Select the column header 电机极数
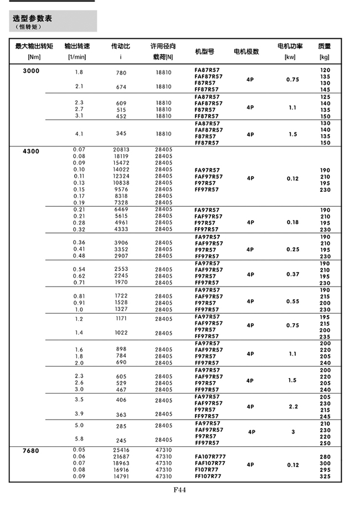[246, 52]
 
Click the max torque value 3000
[31, 70]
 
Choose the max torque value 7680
[31, 451]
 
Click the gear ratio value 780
[121, 73]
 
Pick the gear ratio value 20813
[121, 150]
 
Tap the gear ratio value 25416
[121, 450]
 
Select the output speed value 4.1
[79, 134]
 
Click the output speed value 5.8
[79, 439]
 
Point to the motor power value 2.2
[293, 406]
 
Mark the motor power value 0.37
[293, 274]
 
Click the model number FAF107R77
[210, 462]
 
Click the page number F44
[179, 489]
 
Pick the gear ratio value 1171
[121, 319]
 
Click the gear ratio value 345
[121, 134]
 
